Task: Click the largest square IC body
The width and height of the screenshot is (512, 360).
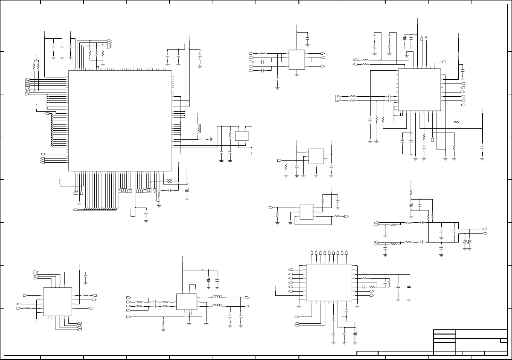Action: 120,120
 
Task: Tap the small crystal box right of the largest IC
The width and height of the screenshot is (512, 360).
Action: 242,136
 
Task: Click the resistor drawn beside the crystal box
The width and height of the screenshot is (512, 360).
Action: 230,135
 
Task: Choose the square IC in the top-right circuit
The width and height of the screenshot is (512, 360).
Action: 420,90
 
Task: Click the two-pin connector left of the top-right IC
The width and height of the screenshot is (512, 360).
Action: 337,98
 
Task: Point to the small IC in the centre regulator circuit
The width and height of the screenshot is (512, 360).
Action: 316,156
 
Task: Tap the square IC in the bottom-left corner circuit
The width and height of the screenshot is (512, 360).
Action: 58,301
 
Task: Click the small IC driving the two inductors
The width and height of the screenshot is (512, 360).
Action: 187,301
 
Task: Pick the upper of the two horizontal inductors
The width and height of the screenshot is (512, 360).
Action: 217,298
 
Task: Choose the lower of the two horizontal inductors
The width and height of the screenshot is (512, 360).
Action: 217,306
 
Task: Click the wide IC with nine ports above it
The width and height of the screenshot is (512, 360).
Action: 329,282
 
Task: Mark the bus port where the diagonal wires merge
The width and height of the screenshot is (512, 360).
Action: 75,209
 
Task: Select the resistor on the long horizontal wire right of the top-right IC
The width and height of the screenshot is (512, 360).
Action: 456,122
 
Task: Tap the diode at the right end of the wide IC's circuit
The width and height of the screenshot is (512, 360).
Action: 409,286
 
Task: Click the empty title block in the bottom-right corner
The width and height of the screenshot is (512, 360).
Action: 470,342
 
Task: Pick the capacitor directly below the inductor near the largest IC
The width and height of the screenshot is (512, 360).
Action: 203,139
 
